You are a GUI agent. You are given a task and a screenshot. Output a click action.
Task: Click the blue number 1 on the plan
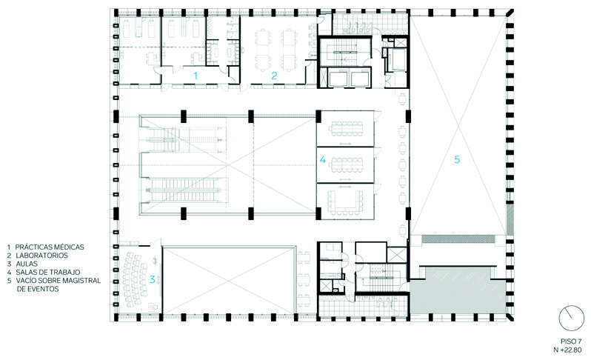(196, 76)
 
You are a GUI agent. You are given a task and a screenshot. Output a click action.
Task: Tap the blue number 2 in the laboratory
(274, 76)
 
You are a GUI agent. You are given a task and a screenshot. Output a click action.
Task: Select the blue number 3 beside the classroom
(152, 279)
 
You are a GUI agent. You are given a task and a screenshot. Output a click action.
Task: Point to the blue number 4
(323, 159)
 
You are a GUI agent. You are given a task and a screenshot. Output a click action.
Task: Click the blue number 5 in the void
(457, 159)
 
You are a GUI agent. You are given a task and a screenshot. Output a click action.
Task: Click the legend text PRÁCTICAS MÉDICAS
(50, 247)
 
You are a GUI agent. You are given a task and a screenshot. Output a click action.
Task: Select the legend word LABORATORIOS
(41, 256)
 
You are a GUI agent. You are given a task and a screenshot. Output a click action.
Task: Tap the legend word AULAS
(27, 264)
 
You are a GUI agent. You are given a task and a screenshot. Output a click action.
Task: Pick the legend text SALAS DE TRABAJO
(48, 272)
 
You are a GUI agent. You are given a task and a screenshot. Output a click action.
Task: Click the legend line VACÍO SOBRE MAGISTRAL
(59, 281)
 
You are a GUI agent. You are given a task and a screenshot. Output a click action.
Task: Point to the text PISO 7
(571, 341)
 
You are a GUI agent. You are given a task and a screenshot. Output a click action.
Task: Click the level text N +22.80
(567, 350)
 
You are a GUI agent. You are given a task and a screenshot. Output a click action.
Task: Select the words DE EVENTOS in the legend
(38, 289)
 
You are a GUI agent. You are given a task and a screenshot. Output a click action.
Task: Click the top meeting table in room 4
(346, 129)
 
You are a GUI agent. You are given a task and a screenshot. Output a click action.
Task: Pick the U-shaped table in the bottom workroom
(345, 201)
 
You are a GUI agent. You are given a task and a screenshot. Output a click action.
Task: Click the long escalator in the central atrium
(184, 190)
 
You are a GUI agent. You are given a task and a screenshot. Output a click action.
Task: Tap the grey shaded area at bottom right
(458, 295)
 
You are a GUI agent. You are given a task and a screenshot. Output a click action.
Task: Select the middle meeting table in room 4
(347, 164)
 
